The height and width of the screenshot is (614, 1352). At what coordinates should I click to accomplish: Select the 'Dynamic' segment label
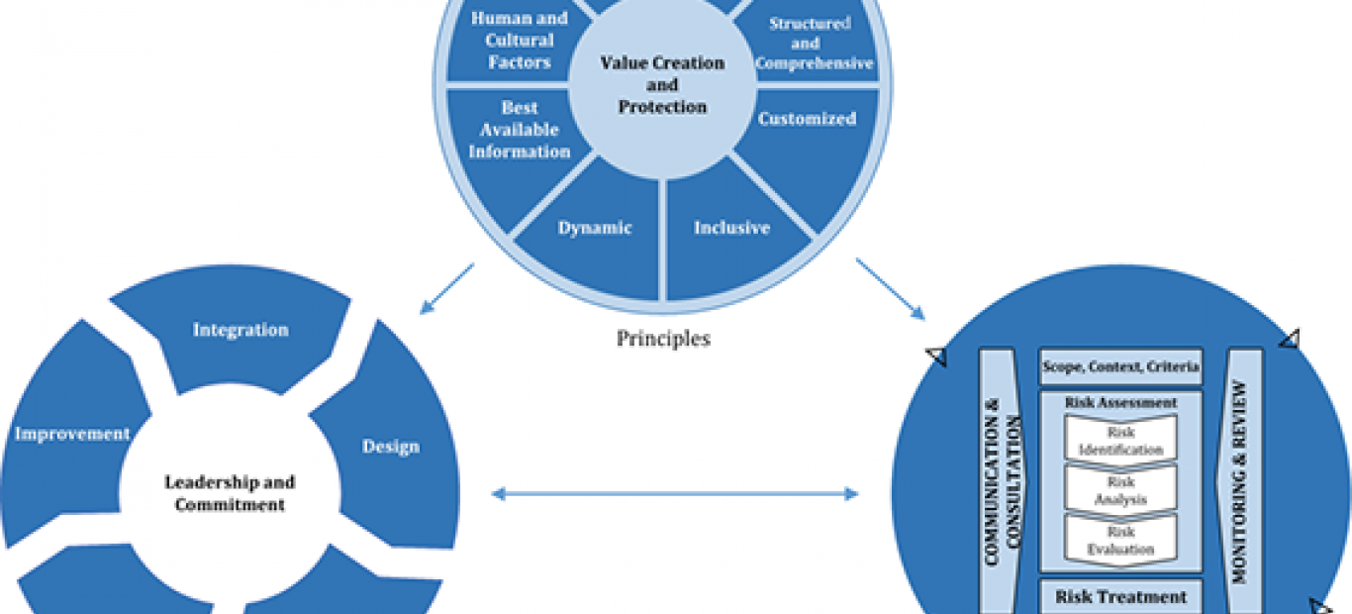595,228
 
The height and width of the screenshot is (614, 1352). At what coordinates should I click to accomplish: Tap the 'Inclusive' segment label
731,228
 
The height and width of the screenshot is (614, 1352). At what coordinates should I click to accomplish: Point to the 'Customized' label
807,118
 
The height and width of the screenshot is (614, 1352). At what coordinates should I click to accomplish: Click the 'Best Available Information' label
519,129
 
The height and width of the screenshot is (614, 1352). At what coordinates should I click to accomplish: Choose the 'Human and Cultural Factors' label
519,40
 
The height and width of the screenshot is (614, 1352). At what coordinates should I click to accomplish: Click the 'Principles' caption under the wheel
663,338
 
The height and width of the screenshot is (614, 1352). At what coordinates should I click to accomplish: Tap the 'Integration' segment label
241,330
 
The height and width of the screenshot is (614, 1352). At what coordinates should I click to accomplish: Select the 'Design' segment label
391,447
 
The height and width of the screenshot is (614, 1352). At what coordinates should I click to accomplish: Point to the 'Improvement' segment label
72,434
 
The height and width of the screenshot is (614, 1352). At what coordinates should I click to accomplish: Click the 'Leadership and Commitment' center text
230,492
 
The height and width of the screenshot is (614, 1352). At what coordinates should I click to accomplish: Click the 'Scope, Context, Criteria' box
1120,366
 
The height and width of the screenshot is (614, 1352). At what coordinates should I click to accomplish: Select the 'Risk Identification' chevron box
1120,441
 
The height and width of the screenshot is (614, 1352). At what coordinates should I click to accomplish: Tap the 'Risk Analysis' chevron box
1120,490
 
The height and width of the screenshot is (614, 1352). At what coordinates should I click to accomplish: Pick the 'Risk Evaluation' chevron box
1120,540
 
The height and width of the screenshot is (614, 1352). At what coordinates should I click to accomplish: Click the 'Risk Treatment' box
1120,596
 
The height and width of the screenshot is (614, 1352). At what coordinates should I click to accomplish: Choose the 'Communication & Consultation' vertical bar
1000,481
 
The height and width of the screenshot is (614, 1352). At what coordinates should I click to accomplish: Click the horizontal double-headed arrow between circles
675,494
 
